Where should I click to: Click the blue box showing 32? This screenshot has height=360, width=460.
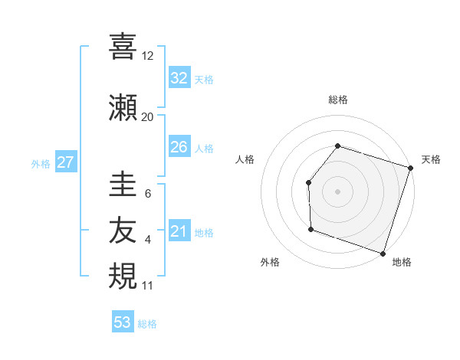[179, 78]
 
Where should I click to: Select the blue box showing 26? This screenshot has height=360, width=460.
[179, 147]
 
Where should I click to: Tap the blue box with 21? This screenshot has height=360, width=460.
[179, 231]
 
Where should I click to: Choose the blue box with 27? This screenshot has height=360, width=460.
[65, 162]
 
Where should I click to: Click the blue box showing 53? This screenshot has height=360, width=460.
[123, 322]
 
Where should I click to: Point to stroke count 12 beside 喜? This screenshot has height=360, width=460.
[147, 55]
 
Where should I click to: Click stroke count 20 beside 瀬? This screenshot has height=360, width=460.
[147, 116]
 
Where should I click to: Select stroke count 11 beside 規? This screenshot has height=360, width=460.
[147, 285]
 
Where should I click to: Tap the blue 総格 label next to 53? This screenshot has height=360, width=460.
[147, 324]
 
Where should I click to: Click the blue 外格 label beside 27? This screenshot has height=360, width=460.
[41, 163]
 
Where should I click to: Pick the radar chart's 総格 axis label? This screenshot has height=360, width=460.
[337, 100]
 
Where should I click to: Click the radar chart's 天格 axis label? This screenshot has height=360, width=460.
[431, 159]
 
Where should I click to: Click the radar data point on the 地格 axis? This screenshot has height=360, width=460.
[382, 253]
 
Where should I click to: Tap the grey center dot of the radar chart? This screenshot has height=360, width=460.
[337, 191]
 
